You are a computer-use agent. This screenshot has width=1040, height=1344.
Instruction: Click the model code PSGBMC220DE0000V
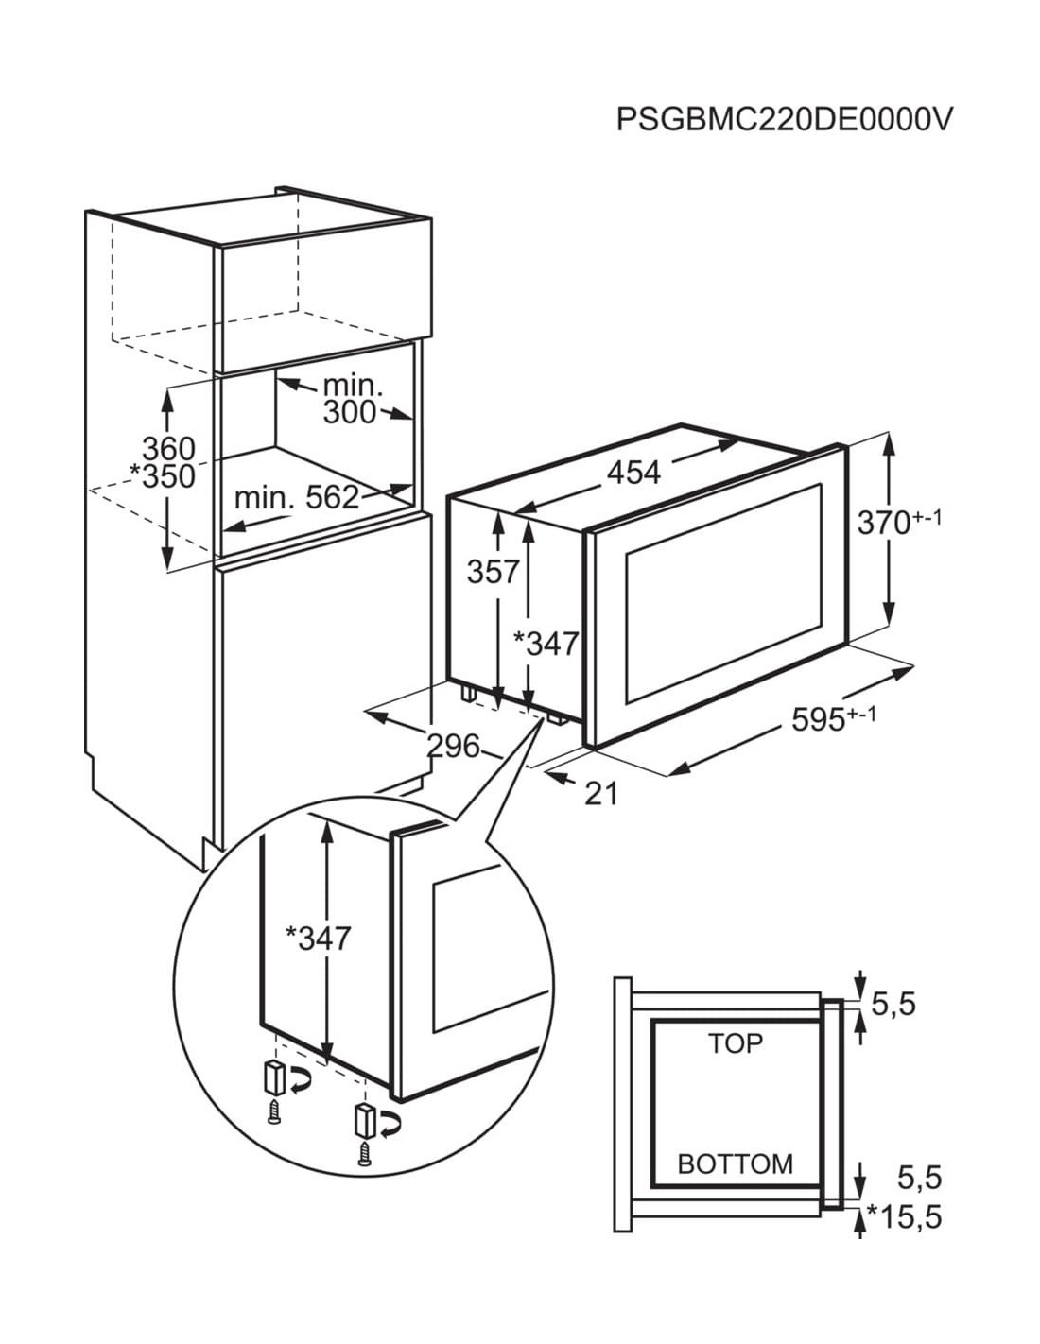[x=783, y=118]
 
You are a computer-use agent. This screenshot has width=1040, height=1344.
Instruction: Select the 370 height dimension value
[x=883, y=524]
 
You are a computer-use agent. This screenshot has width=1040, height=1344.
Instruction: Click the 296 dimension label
[x=454, y=747]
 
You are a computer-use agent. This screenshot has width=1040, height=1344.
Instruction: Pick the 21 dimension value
[x=601, y=794]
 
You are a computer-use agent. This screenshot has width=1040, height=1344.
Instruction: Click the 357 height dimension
[x=493, y=572]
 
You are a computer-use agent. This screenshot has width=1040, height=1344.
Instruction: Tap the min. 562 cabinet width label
[x=297, y=496]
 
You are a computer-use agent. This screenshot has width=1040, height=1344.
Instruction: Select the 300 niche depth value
[x=350, y=412]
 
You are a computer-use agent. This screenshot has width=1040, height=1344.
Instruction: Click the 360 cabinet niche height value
[x=169, y=448]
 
